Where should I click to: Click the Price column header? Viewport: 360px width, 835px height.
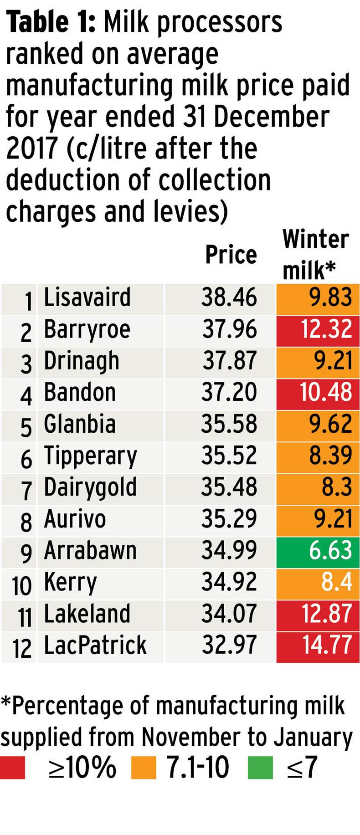231,255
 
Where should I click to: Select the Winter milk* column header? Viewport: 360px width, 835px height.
315,254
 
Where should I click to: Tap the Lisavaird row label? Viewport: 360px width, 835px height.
87,297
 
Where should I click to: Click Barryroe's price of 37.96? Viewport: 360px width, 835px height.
229,329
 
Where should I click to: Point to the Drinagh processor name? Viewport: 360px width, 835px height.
82,361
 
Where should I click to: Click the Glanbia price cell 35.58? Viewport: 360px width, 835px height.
229,424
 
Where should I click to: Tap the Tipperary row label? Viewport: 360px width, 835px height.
90,456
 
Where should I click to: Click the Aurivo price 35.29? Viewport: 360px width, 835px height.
229,519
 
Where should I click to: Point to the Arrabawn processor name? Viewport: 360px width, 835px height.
90,550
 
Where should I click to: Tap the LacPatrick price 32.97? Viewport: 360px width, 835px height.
229,645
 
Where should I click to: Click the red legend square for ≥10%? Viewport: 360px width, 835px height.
12,767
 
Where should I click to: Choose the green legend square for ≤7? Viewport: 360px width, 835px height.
260,767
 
